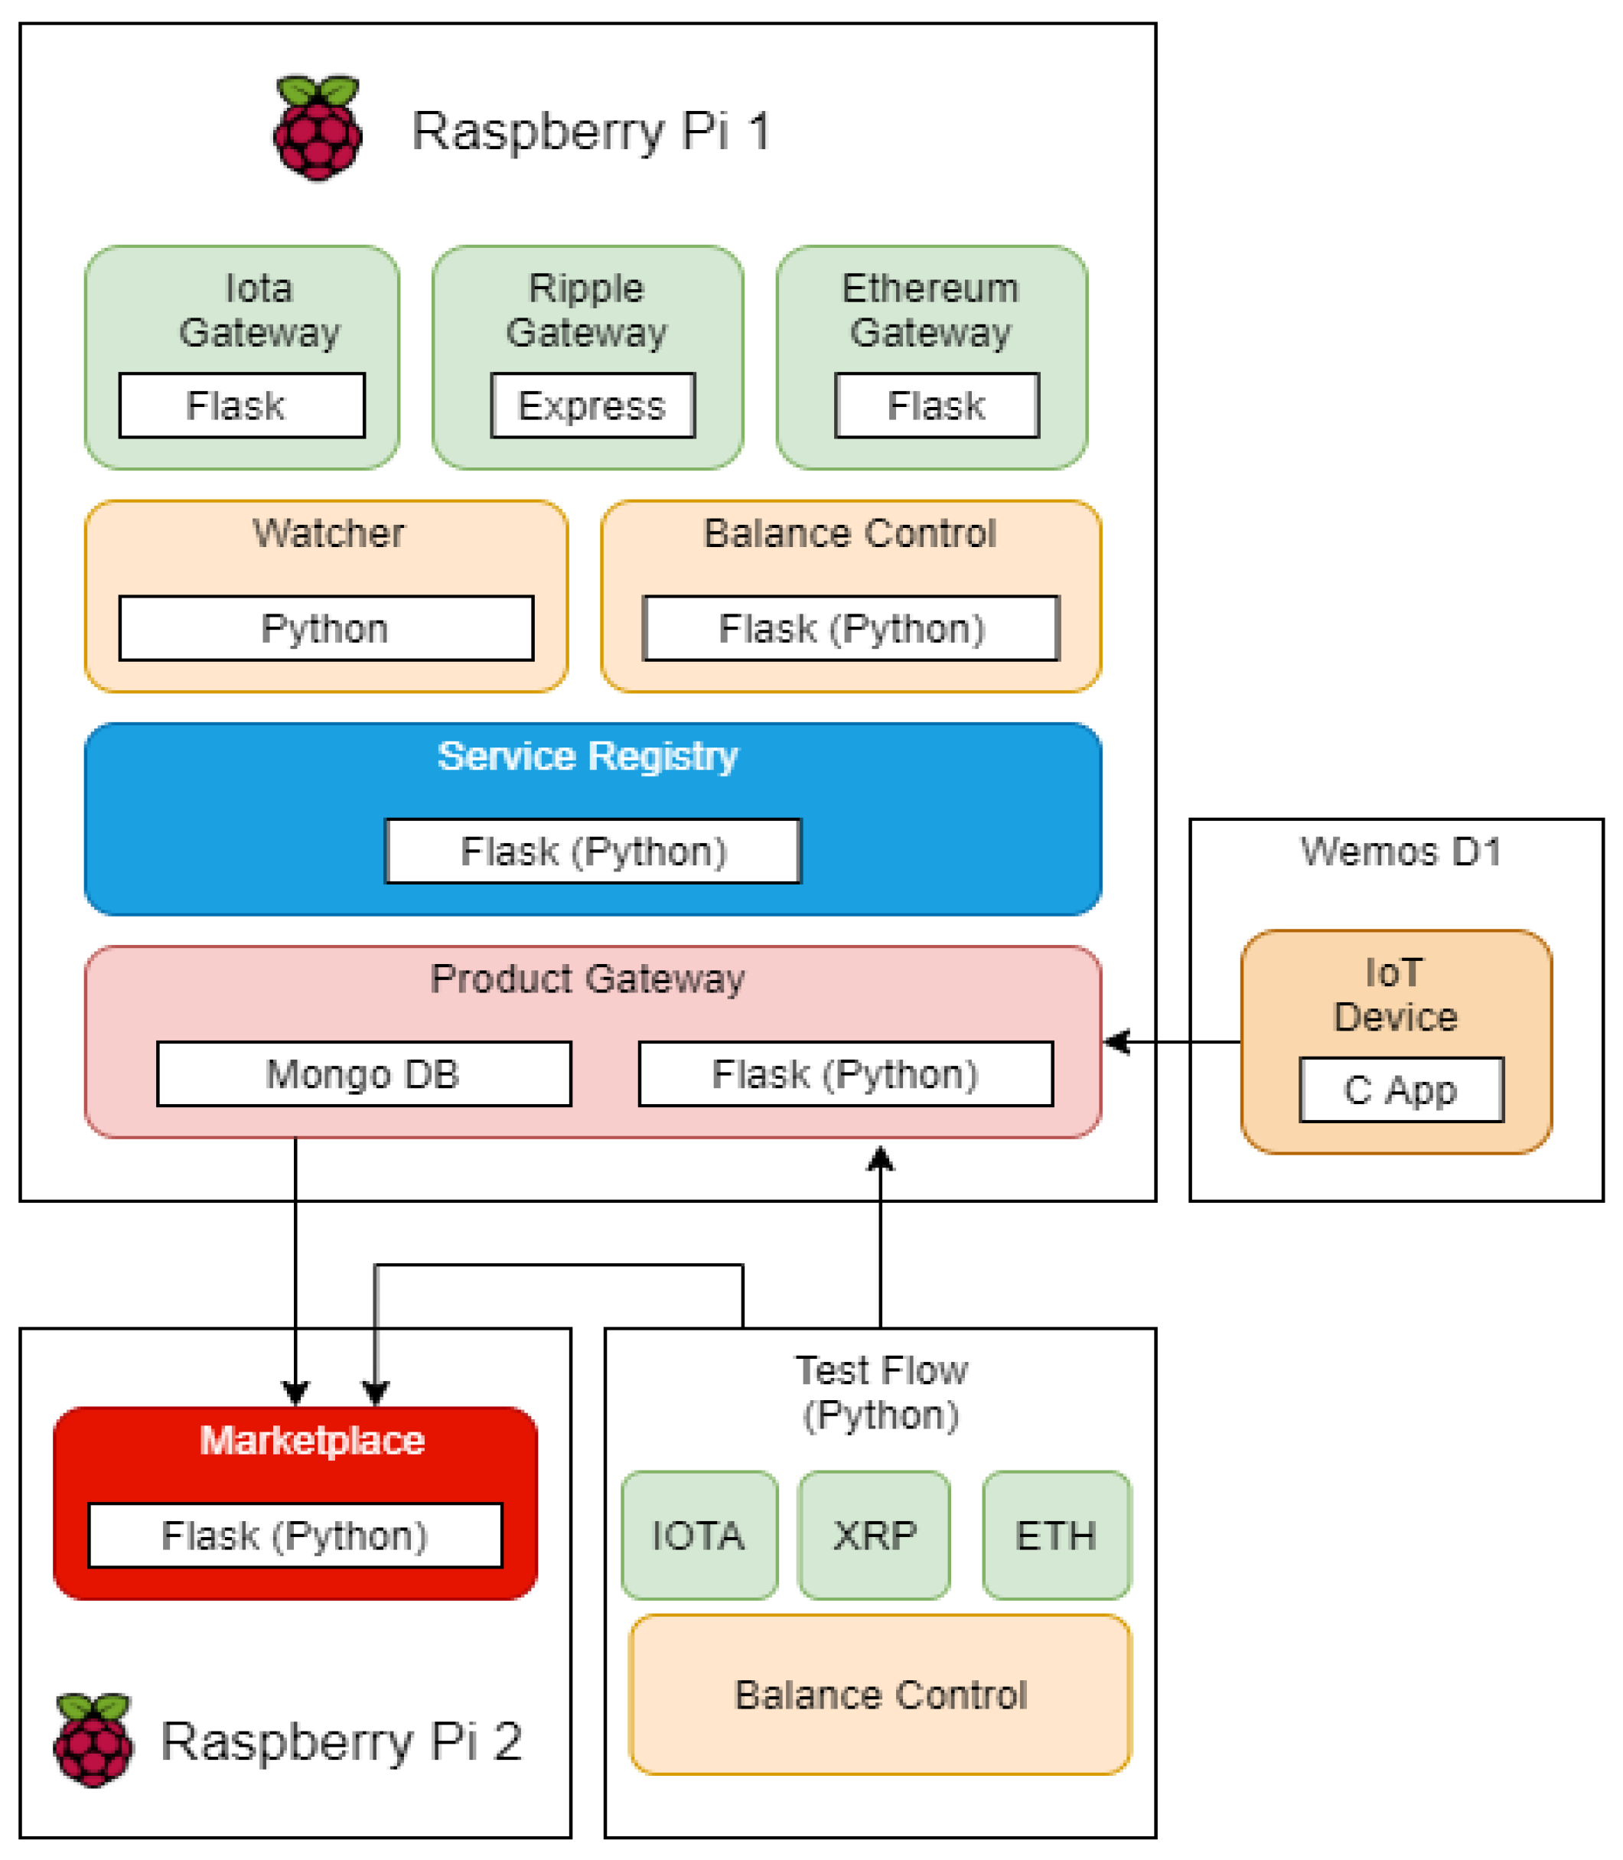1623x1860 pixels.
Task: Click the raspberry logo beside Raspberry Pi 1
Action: click(x=318, y=129)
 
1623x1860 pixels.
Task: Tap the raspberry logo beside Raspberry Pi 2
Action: click(x=93, y=1740)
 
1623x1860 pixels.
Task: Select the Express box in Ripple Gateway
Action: click(x=593, y=406)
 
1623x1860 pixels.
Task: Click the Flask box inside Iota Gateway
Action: click(x=242, y=406)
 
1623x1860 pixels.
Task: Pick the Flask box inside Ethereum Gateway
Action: click(x=937, y=406)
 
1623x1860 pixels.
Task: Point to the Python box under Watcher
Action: click(x=326, y=628)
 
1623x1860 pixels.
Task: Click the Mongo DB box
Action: click(x=364, y=1074)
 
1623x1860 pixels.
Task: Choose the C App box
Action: click(x=1402, y=1090)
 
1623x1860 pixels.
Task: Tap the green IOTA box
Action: click(x=699, y=1536)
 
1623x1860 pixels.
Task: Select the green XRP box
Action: click(x=874, y=1536)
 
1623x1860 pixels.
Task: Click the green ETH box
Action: click(x=1057, y=1536)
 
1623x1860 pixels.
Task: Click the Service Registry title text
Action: click(x=588, y=756)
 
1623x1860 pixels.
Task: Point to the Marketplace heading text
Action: click(x=312, y=1441)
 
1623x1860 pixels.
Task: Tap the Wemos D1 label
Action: click(x=1401, y=852)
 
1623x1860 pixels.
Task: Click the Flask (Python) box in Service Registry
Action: click(x=593, y=852)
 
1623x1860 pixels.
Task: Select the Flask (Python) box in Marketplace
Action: click(x=295, y=1536)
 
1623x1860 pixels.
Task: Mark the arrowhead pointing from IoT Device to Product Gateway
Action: click(x=1116, y=1042)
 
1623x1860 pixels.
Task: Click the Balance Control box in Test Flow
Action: click(x=880, y=1694)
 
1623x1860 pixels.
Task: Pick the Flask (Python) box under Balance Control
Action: click(x=852, y=628)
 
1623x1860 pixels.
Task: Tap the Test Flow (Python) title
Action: click(x=882, y=1393)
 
